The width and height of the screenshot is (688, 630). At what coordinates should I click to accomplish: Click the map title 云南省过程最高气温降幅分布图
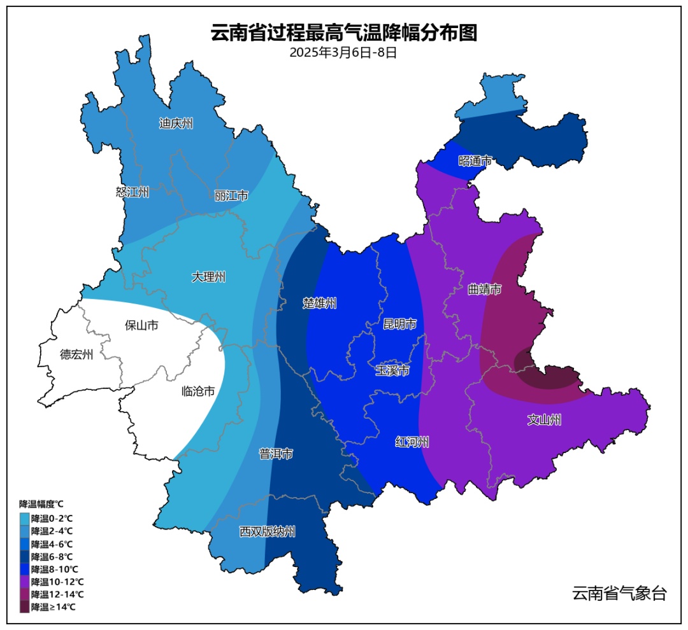[x=343, y=33]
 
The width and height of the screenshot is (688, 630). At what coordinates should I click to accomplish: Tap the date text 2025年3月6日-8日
[x=343, y=53]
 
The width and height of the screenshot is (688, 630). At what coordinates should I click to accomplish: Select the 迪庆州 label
[x=176, y=123]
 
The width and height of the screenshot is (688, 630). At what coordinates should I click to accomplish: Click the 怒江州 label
[x=133, y=192]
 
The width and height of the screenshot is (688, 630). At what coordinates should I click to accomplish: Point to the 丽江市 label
[x=231, y=195]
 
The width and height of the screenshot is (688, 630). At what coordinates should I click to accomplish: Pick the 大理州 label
[x=209, y=277]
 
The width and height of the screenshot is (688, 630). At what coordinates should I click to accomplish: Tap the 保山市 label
[x=141, y=326]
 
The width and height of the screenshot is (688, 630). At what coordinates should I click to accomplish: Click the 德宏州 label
[x=76, y=354]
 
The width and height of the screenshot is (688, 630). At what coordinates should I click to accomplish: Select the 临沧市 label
[x=198, y=391]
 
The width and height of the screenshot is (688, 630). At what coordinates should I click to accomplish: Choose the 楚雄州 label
[x=319, y=304]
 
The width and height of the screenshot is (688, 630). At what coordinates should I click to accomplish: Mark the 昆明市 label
[x=399, y=325]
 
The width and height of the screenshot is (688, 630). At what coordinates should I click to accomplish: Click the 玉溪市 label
[x=392, y=370]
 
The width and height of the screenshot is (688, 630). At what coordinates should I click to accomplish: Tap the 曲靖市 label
[x=484, y=290]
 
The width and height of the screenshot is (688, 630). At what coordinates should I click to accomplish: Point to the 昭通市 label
[x=475, y=161]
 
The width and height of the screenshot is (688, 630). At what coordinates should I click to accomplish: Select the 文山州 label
[x=544, y=420]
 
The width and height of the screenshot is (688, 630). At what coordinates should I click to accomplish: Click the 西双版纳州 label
[x=268, y=531]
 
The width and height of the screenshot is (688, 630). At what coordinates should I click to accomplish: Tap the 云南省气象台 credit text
[x=619, y=594]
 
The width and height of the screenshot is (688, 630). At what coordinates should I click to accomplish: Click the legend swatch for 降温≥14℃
[x=25, y=607]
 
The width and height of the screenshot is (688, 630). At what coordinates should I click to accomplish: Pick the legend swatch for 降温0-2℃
[x=25, y=518]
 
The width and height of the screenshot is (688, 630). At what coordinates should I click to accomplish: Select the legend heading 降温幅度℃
[x=41, y=504]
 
